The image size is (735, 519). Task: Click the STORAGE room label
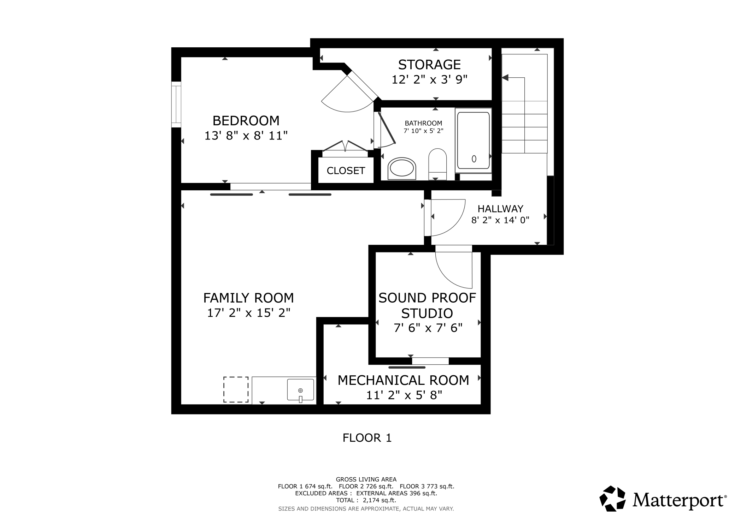(x=429, y=65)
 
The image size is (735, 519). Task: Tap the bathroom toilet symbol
(x=437, y=164)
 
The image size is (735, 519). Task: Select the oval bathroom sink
(x=401, y=168)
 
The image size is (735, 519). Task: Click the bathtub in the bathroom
(x=474, y=141)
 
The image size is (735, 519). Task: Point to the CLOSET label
(x=346, y=171)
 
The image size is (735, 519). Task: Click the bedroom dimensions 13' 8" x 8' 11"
(x=246, y=136)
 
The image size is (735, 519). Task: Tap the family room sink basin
(x=300, y=390)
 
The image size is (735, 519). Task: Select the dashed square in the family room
(x=236, y=389)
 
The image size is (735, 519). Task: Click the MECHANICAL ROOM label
(x=403, y=380)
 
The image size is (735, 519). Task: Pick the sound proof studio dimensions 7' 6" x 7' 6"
(x=428, y=328)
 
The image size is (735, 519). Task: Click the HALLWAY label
(x=500, y=209)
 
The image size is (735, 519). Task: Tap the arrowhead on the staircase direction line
(x=505, y=77)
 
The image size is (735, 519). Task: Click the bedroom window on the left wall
(x=176, y=105)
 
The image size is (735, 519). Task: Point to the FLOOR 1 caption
(x=367, y=438)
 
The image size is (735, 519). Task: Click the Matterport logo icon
(x=612, y=499)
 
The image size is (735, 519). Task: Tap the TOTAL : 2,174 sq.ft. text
(x=366, y=500)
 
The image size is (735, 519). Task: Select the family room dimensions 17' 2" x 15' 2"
(x=248, y=313)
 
